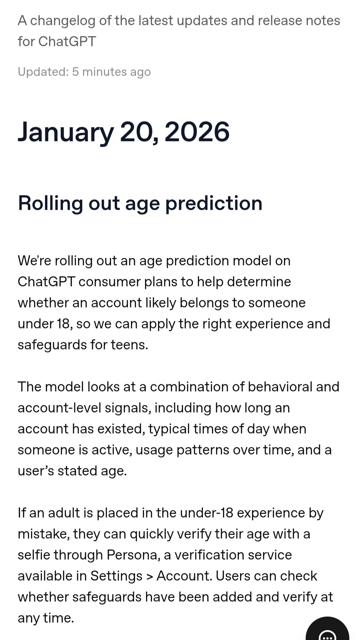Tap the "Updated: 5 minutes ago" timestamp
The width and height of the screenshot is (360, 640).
(84, 72)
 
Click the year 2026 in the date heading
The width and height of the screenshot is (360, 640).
(197, 132)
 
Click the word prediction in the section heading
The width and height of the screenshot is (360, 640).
(214, 204)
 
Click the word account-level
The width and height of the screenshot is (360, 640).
(59, 408)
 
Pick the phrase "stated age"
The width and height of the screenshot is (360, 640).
(92, 471)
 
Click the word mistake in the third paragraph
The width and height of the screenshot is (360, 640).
(44, 534)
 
